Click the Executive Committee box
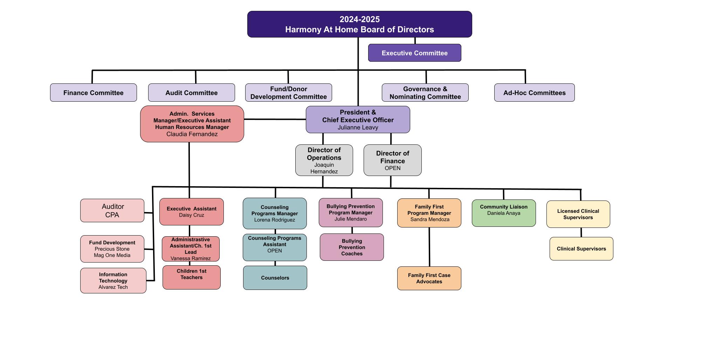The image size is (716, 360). (x=414, y=53)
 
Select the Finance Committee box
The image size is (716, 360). (x=93, y=93)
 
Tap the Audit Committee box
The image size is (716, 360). (x=191, y=93)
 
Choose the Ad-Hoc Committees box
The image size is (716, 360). (x=534, y=93)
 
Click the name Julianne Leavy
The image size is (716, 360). (x=358, y=128)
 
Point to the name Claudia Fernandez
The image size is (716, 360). (x=192, y=134)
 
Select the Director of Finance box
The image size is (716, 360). (x=392, y=160)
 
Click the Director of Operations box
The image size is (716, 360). (x=324, y=160)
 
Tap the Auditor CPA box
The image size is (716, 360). (x=112, y=210)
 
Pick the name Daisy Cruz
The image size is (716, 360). (x=191, y=215)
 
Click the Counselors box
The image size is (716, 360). (x=275, y=278)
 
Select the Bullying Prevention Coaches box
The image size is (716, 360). (x=352, y=247)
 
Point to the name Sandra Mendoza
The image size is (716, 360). (x=429, y=219)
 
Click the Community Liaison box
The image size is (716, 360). (x=503, y=213)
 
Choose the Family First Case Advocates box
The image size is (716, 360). (x=429, y=278)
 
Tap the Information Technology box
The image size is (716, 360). (x=113, y=280)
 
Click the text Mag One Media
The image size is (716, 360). (x=112, y=255)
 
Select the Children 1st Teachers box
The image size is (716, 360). (x=191, y=277)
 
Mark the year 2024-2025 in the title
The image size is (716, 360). (x=359, y=20)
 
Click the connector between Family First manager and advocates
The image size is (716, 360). (x=429, y=247)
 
